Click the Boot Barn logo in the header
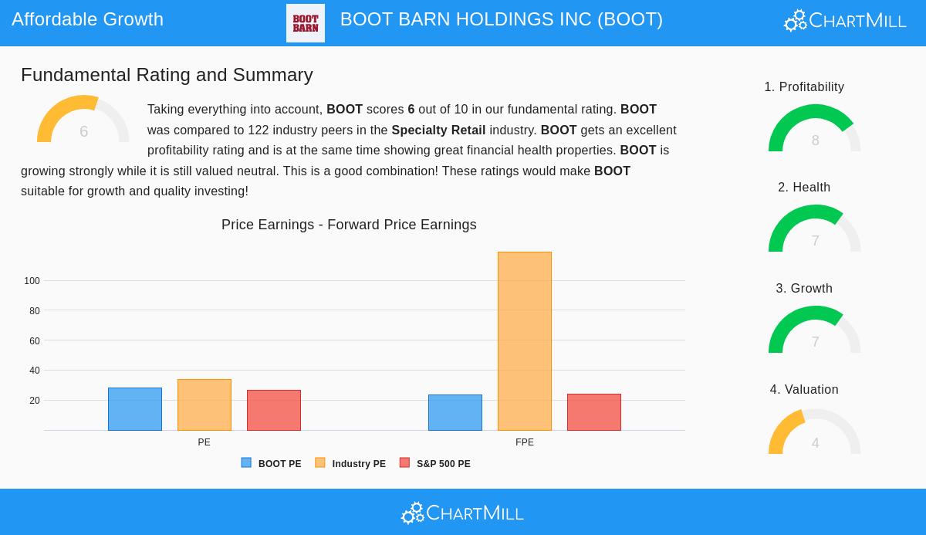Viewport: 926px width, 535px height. coord(306,23)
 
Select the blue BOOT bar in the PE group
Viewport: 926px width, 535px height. coord(135,409)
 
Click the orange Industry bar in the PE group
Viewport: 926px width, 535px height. coord(204,405)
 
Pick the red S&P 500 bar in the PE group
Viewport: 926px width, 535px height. coord(274,410)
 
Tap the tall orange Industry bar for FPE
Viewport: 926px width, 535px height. coord(525,341)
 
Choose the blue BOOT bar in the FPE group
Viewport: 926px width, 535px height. coord(455,412)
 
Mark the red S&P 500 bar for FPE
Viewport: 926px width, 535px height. coord(594,412)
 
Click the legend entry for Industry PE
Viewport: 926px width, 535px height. coord(351,464)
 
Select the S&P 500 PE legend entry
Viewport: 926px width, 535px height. coord(435,464)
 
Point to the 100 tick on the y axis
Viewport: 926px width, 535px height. coord(32,281)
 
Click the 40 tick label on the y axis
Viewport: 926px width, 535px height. coord(34,371)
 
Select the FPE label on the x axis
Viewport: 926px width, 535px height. coord(525,442)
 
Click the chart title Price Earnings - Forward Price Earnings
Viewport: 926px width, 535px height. coord(349,225)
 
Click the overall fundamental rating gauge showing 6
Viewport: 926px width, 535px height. coord(83,121)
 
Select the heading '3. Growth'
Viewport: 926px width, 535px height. coord(804,288)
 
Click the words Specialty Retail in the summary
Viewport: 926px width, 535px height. coord(438,130)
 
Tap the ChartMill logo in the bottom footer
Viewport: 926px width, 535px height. coord(463,513)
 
